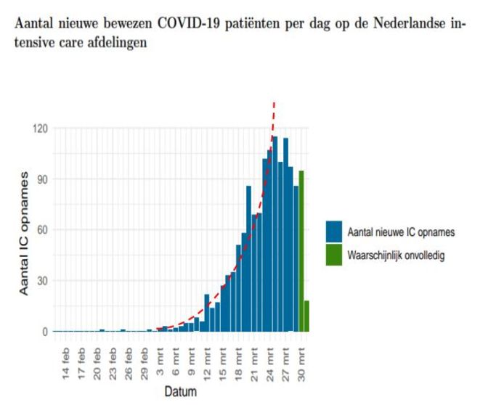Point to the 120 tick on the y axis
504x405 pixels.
click(x=38, y=128)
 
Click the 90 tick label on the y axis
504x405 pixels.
click(x=41, y=179)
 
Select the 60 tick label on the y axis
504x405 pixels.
click(x=41, y=230)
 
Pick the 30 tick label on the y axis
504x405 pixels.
click(x=41, y=281)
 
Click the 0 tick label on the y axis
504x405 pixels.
click(x=44, y=332)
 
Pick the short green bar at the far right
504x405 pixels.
click(x=306, y=316)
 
